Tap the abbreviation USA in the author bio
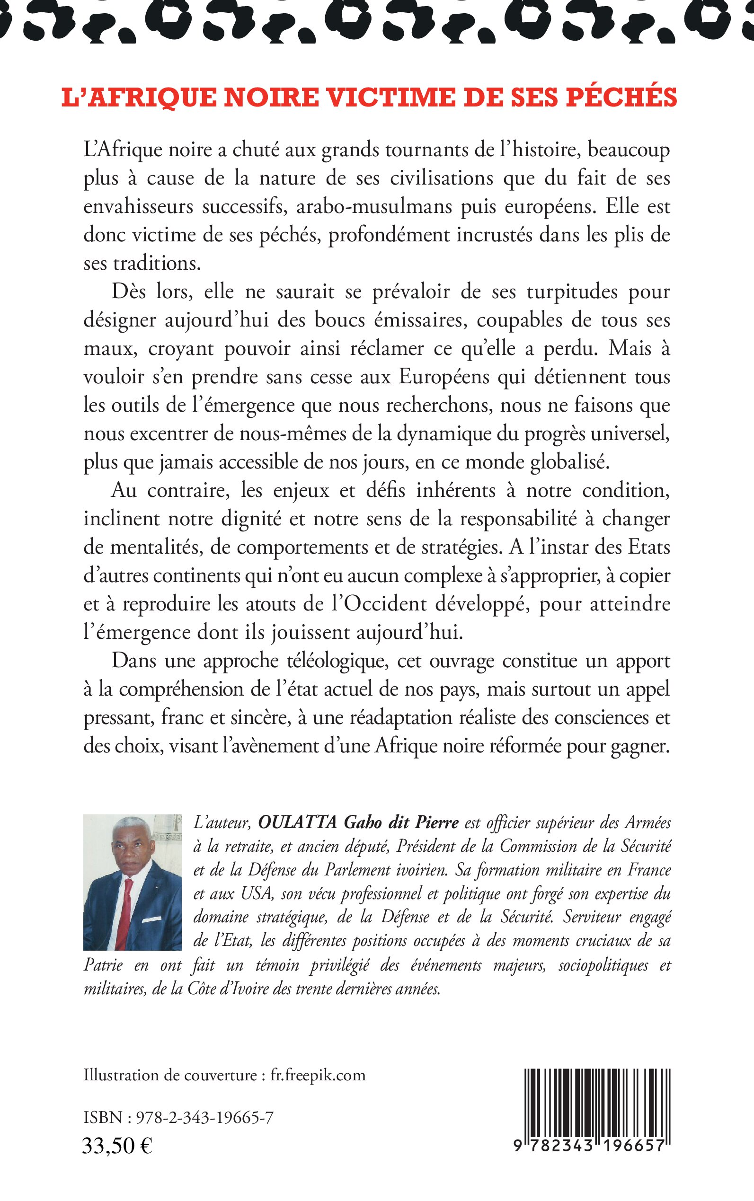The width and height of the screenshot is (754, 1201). coord(257,893)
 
